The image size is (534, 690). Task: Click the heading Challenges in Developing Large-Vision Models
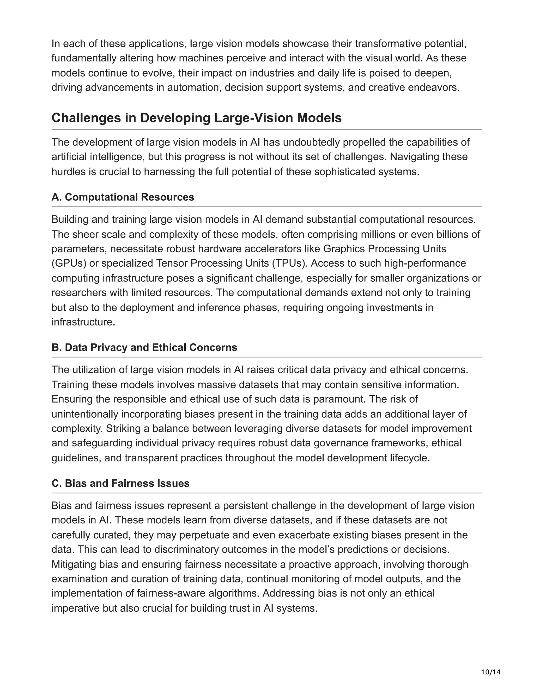click(196, 118)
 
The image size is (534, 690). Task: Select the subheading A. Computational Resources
click(123, 197)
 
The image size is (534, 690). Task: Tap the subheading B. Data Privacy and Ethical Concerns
click(144, 348)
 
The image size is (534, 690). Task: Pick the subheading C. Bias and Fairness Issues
click(120, 483)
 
